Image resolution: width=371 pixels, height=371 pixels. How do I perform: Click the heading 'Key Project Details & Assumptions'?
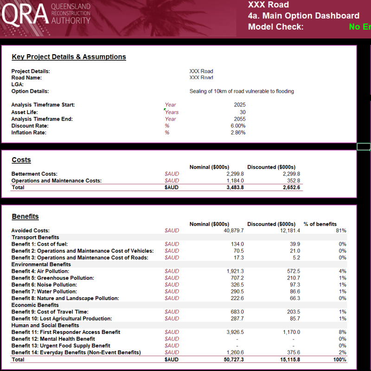pyautogui.click(x=69, y=57)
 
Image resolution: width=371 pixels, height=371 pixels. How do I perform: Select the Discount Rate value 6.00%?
pyautogui.click(x=238, y=126)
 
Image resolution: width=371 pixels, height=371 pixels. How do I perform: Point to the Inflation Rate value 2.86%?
pyautogui.click(x=238, y=133)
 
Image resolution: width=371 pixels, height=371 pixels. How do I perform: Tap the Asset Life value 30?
pyautogui.click(x=243, y=112)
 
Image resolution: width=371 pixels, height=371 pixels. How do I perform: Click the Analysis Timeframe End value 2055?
pyautogui.click(x=240, y=119)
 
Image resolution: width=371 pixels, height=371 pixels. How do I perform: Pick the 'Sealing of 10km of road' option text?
pyautogui.click(x=242, y=91)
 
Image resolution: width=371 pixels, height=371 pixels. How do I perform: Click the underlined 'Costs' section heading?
pyautogui.click(x=21, y=160)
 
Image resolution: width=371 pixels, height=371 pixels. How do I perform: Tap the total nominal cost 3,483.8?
pyautogui.click(x=235, y=187)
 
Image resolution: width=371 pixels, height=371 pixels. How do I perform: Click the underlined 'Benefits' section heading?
pyautogui.click(x=25, y=217)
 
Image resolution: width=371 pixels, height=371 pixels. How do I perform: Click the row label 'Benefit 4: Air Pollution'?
pyautogui.click(x=40, y=271)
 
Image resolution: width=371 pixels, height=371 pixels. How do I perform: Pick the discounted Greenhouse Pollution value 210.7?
pyautogui.click(x=293, y=278)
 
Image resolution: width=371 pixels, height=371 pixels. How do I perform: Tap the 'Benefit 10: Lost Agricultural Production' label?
pyautogui.click(x=62, y=319)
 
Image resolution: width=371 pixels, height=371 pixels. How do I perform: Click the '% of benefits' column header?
pyautogui.click(x=320, y=224)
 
